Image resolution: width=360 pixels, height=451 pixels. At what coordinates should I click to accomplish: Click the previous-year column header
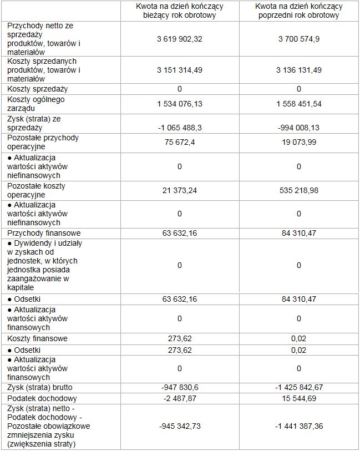298,11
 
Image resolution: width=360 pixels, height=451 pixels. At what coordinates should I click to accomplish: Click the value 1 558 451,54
298,104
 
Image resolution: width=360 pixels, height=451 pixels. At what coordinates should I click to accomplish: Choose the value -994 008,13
298,128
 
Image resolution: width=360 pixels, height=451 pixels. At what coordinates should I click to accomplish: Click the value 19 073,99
298,143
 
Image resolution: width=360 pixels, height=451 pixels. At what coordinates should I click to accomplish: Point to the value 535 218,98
298,190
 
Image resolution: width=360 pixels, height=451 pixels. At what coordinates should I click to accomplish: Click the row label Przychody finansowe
44,233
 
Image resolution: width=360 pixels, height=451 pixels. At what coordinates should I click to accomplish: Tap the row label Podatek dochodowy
42,398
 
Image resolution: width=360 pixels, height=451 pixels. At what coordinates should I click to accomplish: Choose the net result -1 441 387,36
298,426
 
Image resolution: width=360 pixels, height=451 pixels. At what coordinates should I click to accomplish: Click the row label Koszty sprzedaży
37,89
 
